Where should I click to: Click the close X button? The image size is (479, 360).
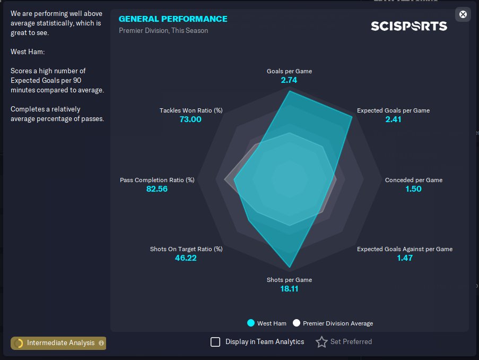(463, 14)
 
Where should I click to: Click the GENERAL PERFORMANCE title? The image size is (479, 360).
(173, 19)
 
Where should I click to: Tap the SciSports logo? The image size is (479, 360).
(409, 26)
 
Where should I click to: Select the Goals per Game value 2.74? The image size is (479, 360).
(289, 80)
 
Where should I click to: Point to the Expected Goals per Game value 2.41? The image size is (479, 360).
(393, 119)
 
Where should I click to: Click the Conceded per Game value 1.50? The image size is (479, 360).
(413, 188)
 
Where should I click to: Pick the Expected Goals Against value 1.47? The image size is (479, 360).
(405, 258)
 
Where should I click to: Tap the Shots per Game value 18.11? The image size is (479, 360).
(289, 289)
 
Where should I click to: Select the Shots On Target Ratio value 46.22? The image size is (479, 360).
(186, 258)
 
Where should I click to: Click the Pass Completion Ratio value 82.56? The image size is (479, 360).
(157, 188)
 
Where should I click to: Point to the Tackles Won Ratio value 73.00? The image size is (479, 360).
(190, 119)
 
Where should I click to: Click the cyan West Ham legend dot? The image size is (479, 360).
(251, 323)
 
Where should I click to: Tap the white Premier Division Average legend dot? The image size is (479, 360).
(297, 323)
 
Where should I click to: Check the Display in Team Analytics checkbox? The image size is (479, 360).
(215, 342)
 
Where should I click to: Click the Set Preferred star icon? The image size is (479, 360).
(321, 342)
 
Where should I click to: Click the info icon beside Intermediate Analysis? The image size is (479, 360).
(101, 343)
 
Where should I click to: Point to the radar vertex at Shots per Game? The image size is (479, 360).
(290, 268)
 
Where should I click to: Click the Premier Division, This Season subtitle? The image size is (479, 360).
(163, 31)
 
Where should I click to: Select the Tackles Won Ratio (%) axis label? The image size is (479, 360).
(191, 110)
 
